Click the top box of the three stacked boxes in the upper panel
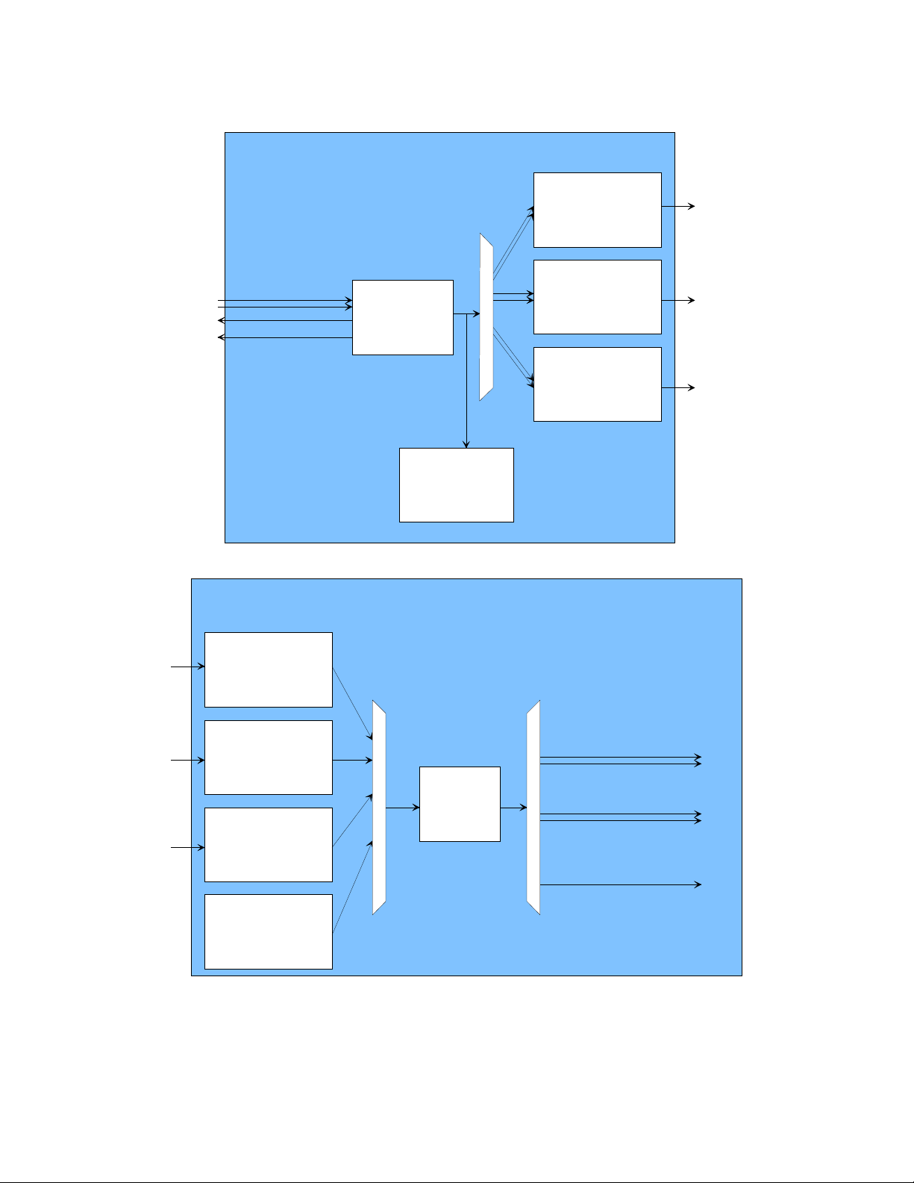[x=597, y=210]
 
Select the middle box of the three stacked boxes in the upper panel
[x=597, y=297]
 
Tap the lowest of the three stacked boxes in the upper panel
[x=597, y=384]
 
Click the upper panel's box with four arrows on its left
[x=402, y=317]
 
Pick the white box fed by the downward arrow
[x=456, y=485]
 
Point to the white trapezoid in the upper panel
[x=486, y=317]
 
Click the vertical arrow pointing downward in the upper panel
[x=466, y=381]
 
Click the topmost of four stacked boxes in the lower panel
[x=268, y=669]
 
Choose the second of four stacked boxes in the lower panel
[x=268, y=757]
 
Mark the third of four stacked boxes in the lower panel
[x=268, y=844]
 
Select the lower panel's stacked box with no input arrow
[x=268, y=931]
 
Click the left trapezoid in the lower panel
[x=379, y=807]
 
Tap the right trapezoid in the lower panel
[x=533, y=807]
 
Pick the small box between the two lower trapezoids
[x=460, y=804]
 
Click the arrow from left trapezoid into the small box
[x=402, y=808]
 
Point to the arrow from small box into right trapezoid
[x=513, y=808]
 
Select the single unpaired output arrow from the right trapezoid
[x=619, y=884]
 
